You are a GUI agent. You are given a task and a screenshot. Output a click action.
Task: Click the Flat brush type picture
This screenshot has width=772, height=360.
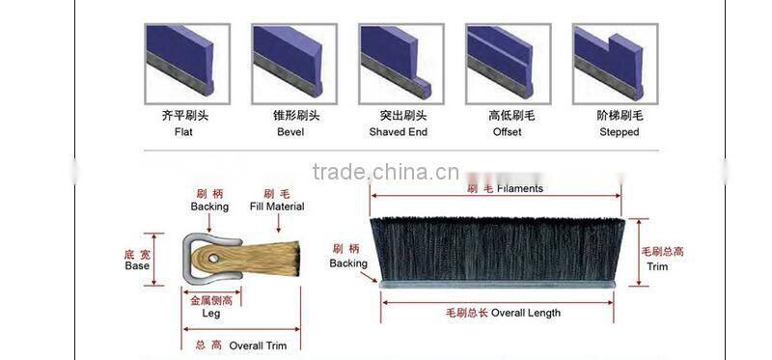click(187, 62)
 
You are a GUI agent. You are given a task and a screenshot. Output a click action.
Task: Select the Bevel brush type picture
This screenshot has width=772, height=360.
click(294, 62)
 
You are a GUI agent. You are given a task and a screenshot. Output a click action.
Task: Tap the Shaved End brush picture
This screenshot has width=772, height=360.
click(401, 62)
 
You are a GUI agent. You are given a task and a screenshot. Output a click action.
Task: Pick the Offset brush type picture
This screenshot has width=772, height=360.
click(509, 62)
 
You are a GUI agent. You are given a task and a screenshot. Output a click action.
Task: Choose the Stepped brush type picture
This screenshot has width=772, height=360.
click(616, 62)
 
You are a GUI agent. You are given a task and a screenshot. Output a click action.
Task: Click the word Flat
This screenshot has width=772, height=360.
click(183, 132)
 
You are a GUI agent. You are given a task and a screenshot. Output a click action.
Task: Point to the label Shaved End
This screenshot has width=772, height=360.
click(398, 132)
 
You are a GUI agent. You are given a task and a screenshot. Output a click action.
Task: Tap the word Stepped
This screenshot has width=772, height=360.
click(619, 132)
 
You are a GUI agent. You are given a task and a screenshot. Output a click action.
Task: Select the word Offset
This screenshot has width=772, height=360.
click(506, 132)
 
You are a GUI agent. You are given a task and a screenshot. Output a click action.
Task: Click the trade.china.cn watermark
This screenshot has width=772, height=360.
click(386, 173)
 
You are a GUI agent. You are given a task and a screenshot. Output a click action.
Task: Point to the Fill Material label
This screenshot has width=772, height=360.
click(277, 207)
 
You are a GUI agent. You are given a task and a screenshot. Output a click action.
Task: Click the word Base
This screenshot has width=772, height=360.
click(137, 265)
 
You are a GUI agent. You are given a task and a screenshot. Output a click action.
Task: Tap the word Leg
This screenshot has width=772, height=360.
click(210, 313)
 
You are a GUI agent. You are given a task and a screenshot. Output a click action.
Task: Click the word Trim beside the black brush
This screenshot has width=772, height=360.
click(657, 266)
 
